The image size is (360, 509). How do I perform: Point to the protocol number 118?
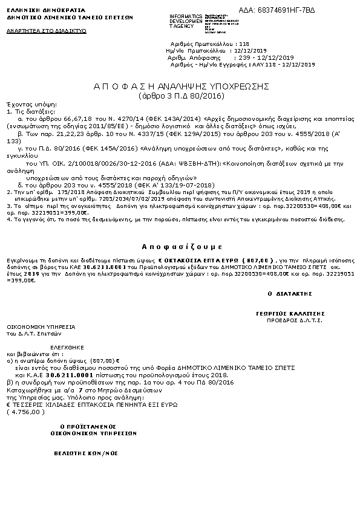click(x=244, y=45)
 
